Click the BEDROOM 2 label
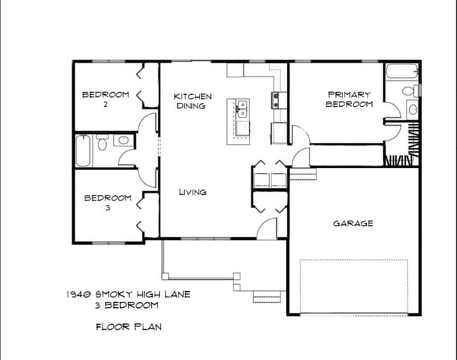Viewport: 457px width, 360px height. point(105,99)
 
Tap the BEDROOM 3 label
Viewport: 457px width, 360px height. point(107,202)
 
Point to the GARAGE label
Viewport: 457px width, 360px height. point(353,224)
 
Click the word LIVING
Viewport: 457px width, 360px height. point(192,192)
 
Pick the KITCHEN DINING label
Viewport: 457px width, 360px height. point(192,101)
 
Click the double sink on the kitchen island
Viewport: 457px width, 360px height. point(241,109)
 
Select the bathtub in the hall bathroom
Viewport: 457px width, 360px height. point(84,151)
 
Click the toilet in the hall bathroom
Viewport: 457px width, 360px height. point(103,143)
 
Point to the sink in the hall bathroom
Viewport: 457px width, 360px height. point(123,141)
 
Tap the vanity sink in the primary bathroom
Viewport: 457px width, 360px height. point(412,110)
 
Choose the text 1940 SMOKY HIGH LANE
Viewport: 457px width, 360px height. point(129,294)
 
